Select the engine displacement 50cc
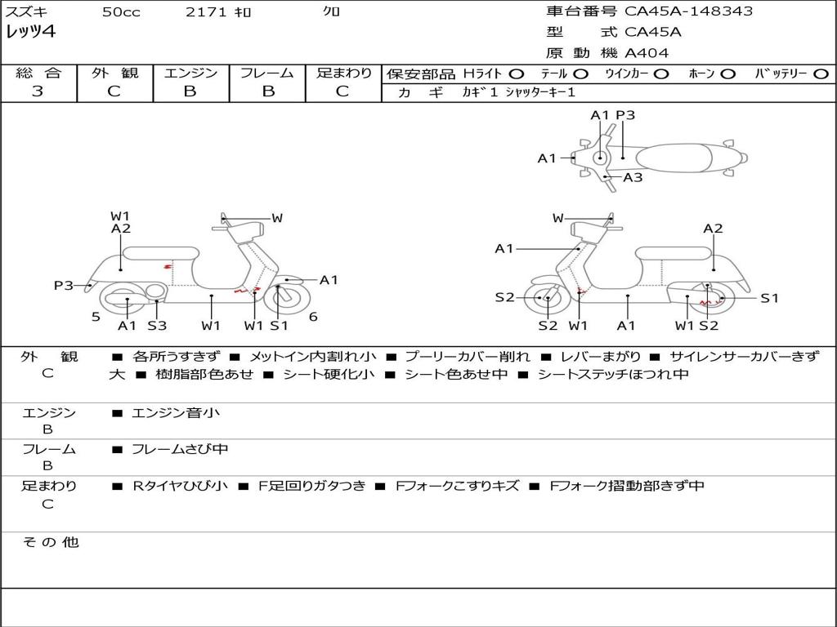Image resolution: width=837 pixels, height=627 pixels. pyautogui.click(x=121, y=12)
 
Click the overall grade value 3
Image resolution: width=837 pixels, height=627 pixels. pyautogui.click(x=38, y=91)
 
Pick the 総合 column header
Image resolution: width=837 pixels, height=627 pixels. pyautogui.click(x=38, y=73)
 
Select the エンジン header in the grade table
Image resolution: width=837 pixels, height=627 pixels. pyautogui.click(x=190, y=73)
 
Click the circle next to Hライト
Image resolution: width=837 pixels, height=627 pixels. pyautogui.click(x=517, y=73)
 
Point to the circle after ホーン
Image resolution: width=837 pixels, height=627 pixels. pyautogui.click(x=727, y=73)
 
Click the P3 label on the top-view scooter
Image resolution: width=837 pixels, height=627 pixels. pyautogui.click(x=625, y=115)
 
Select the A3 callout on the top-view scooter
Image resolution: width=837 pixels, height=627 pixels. pyautogui.click(x=633, y=177)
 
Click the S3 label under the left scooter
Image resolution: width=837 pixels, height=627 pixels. pyautogui.click(x=157, y=326)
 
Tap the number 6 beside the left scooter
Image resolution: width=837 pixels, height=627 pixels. pyautogui.click(x=313, y=317)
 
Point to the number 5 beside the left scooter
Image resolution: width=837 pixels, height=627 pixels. pyautogui.click(x=96, y=317)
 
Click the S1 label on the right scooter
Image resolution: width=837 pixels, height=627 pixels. pyautogui.click(x=770, y=298)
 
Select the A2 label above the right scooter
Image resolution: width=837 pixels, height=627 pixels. pyautogui.click(x=713, y=229)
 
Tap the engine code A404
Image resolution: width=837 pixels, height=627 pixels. pyautogui.click(x=647, y=53)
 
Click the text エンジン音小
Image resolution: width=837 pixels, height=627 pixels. pyautogui.click(x=176, y=413)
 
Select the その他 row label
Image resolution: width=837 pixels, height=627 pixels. pyautogui.click(x=50, y=542)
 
